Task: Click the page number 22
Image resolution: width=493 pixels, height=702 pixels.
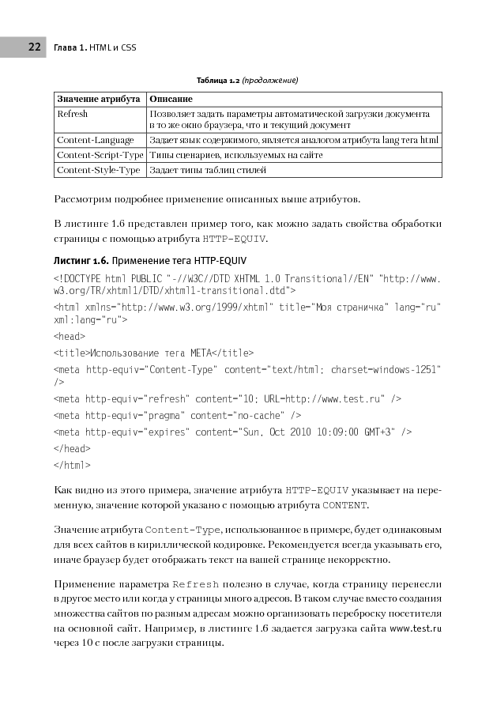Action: pyautogui.click(x=34, y=47)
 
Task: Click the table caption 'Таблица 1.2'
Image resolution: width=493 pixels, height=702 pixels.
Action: pyautogui.click(x=217, y=80)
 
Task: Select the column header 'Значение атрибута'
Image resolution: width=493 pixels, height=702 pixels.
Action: pyautogui.click(x=99, y=99)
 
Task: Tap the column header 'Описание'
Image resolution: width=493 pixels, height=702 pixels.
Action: pyautogui.click(x=171, y=99)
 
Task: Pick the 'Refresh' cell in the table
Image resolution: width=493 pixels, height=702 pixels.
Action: pyautogui.click(x=73, y=114)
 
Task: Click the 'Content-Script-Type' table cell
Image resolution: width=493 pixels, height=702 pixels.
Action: pyautogui.click(x=100, y=155)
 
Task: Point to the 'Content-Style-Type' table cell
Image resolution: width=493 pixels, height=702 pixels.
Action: pyautogui.click(x=99, y=170)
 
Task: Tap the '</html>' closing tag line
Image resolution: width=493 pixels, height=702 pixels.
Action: pyautogui.click(x=71, y=465)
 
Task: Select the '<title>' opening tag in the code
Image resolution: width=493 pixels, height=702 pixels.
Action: pyautogui.click(x=72, y=353)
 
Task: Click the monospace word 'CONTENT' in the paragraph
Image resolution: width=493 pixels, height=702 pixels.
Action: pyautogui.click(x=344, y=505)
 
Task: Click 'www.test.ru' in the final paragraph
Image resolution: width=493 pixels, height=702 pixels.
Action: pyautogui.click(x=416, y=628)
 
